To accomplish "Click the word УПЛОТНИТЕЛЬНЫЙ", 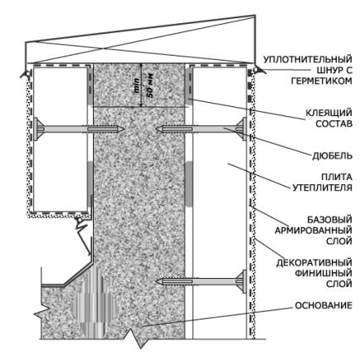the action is [308, 59].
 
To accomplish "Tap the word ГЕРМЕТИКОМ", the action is [322, 80].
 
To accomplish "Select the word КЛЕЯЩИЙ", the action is [328, 113].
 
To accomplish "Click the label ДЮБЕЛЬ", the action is [332, 156].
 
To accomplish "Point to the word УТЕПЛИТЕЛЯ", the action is [323, 188].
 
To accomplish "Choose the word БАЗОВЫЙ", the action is [329, 220].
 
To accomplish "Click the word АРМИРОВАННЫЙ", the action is [314, 231].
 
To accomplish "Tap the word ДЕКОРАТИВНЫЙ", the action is [314, 262].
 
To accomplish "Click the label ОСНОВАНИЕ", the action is [324, 305].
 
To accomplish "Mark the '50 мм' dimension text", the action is [150, 86].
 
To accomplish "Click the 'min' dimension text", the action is [137, 86].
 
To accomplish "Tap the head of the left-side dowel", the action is [37, 129].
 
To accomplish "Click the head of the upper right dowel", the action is [243, 129].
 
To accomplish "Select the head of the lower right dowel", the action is [243, 281].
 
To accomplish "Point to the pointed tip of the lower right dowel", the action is [157, 281].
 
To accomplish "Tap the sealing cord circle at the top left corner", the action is [27, 73].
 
